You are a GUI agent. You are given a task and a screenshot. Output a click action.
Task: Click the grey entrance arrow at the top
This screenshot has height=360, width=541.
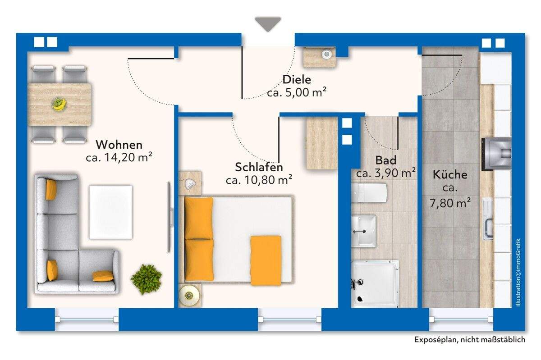[x=268, y=24]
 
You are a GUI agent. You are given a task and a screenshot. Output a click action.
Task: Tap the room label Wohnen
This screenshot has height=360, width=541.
[x=119, y=145]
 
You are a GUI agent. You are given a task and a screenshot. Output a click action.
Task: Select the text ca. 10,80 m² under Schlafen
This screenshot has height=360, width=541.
[x=259, y=180]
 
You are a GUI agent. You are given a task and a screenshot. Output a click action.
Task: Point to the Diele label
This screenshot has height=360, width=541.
[x=297, y=80]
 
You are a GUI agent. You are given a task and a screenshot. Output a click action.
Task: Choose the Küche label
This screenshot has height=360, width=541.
[x=450, y=175]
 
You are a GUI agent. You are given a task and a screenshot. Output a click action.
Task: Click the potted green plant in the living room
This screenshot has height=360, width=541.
[x=147, y=279]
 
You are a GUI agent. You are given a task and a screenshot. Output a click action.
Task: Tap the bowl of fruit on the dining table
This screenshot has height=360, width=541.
[x=59, y=104]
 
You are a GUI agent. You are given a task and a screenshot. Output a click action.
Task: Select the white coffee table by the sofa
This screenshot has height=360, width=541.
[x=111, y=212]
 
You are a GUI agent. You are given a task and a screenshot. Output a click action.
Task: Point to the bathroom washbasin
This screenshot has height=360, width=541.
[x=363, y=230]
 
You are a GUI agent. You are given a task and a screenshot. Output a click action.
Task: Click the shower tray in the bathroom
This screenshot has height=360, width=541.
[x=375, y=283]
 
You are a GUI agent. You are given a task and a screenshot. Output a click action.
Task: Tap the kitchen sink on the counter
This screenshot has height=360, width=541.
[x=488, y=219]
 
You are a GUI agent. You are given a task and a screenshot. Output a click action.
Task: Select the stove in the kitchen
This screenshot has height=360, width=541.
[x=496, y=154]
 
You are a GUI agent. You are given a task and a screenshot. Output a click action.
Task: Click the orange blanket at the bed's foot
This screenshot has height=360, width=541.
[x=266, y=260]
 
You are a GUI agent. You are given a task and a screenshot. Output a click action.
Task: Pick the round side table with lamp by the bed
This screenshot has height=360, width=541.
[x=188, y=296]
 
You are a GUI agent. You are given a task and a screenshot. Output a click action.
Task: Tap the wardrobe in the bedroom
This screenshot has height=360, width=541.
[x=322, y=143]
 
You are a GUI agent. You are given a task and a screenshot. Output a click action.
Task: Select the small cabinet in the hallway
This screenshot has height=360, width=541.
[x=320, y=57]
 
